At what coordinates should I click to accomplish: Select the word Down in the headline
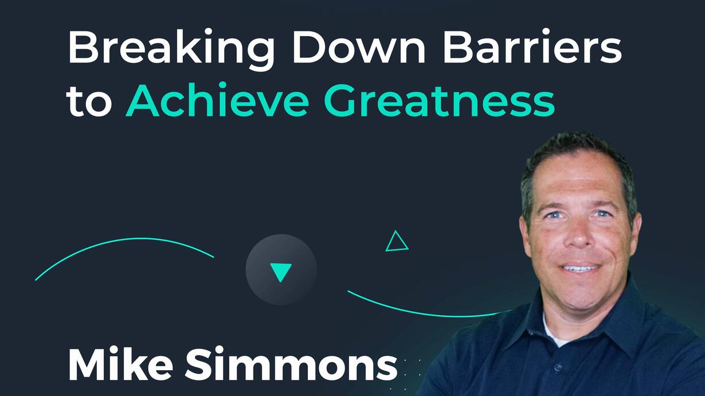(x=359, y=47)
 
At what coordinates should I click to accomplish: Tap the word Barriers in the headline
(x=532, y=46)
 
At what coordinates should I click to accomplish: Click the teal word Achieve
(x=217, y=100)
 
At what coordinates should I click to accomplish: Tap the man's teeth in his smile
(x=581, y=269)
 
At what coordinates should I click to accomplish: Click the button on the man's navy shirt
(x=557, y=367)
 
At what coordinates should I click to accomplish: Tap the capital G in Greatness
(x=341, y=100)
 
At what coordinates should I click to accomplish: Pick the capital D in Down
(x=308, y=47)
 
